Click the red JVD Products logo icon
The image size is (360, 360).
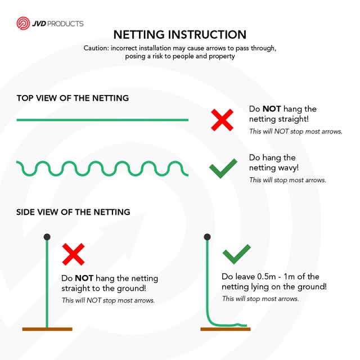click(x=23, y=23)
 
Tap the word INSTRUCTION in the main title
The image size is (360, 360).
click(x=207, y=35)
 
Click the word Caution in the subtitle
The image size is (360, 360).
click(x=96, y=48)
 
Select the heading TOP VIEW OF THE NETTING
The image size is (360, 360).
click(x=73, y=98)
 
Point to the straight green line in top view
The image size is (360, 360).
click(x=102, y=120)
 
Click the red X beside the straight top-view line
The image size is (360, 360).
click(x=222, y=120)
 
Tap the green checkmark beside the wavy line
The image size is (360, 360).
click(x=223, y=168)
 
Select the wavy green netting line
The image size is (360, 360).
click(x=102, y=169)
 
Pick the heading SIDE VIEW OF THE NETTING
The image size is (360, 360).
click(x=73, y=212)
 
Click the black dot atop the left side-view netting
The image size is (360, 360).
click(x=47, y=237)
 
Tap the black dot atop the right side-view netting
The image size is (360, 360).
click(x=207, y=237)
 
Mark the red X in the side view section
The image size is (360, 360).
click(x=74, y=254)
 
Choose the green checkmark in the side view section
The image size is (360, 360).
click(x=237, y=254)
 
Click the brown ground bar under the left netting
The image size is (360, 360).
click(x=47, y=329)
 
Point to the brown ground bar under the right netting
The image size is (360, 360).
click(x=226, y=329)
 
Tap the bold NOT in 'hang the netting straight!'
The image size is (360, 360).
click(x=272, y=109)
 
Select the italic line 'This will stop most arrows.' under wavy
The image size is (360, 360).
click(x=287, y=180)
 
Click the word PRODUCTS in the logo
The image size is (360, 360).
click(x=65, y=24)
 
